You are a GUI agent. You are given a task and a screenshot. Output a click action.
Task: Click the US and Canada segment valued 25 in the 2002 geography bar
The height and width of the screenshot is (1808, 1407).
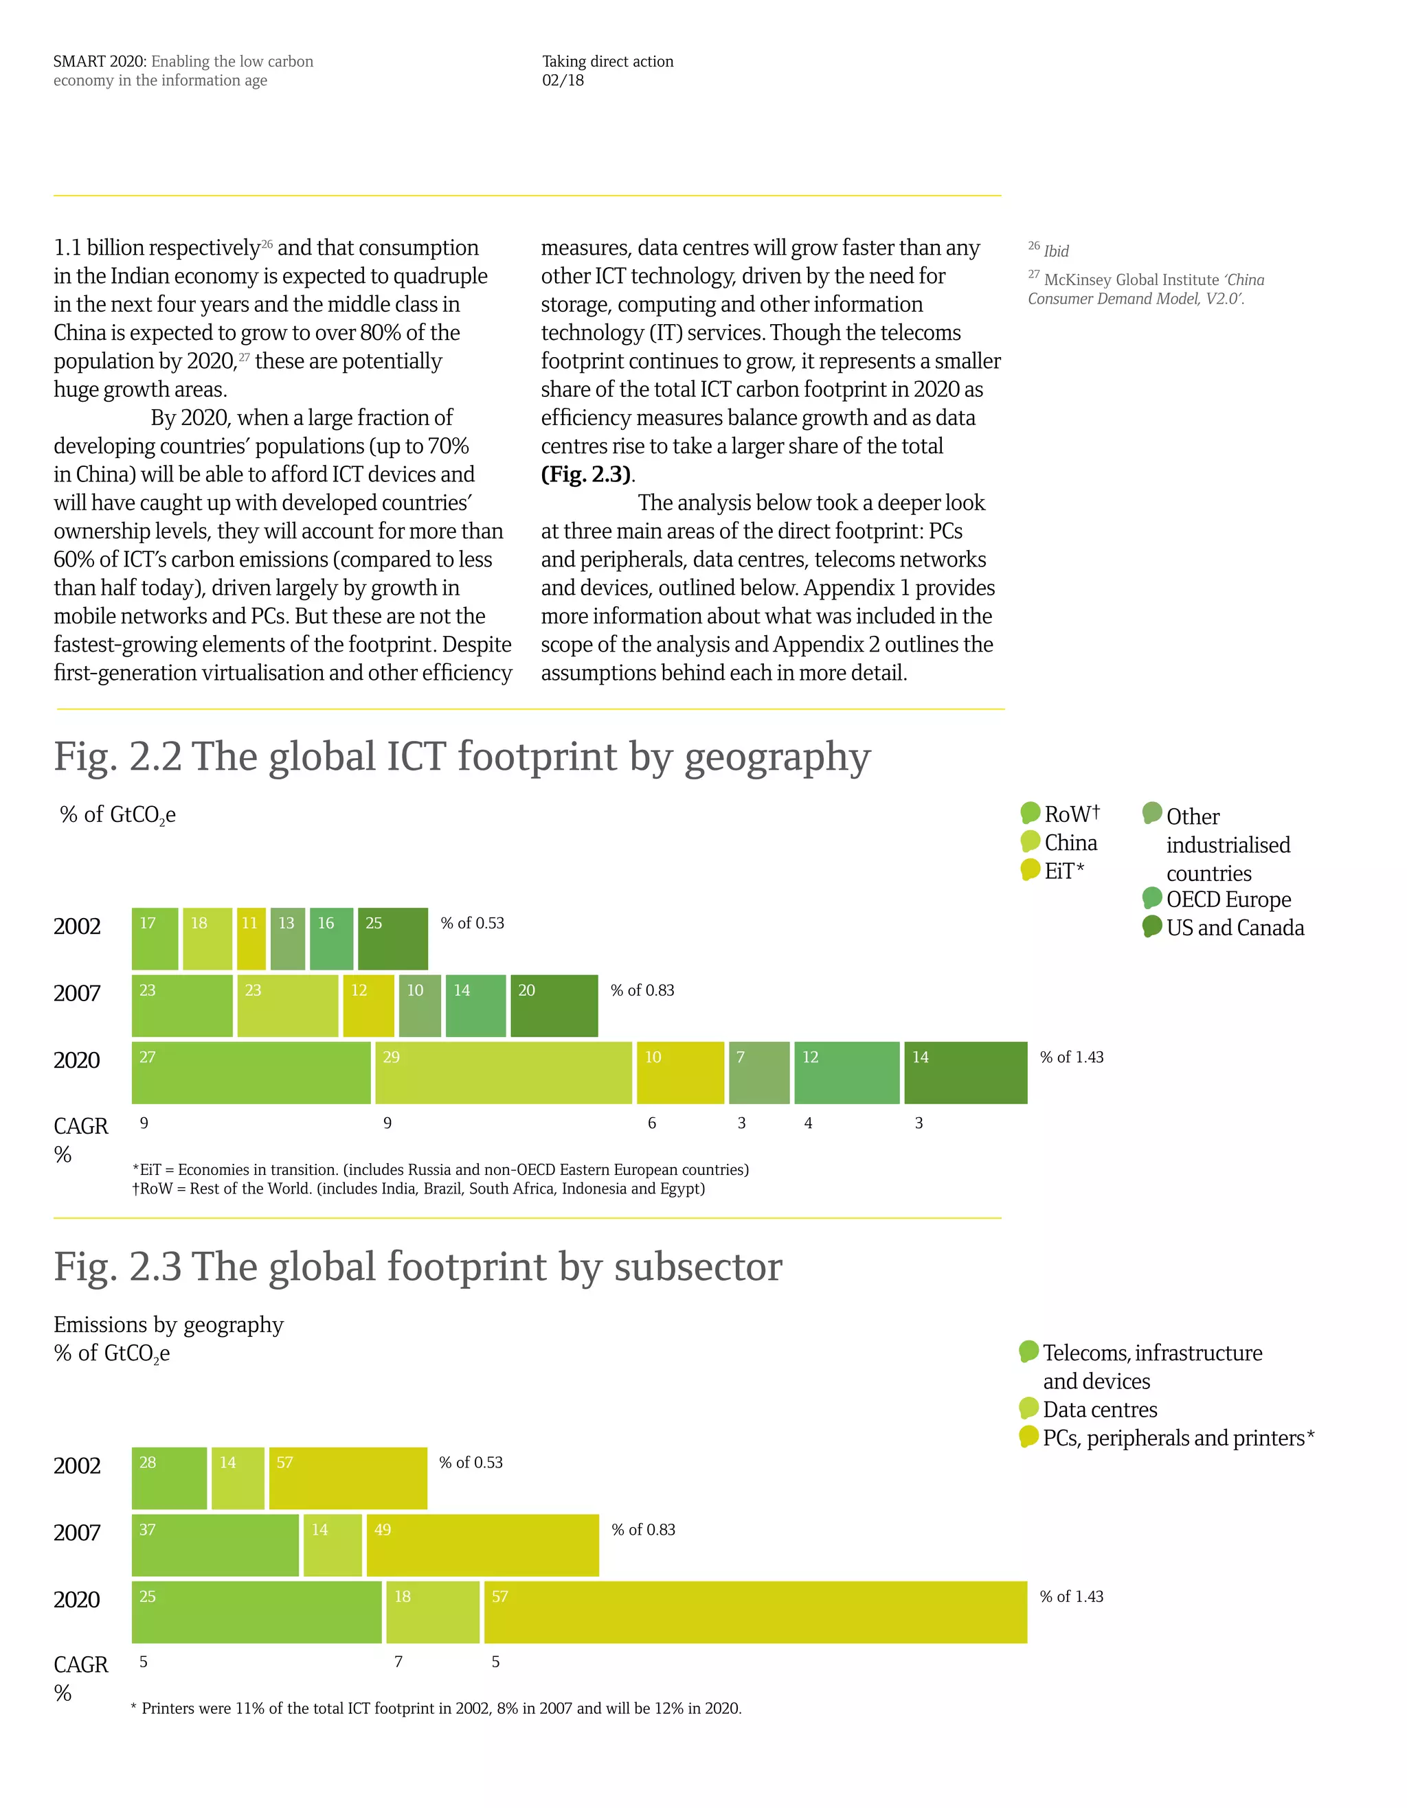392,939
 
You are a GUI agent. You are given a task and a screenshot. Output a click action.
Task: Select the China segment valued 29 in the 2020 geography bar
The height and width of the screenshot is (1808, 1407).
504,1073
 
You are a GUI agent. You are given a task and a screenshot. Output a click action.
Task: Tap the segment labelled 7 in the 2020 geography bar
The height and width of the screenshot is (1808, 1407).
758,1073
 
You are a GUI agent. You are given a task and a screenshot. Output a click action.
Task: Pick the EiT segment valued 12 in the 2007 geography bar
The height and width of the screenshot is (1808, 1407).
368,1006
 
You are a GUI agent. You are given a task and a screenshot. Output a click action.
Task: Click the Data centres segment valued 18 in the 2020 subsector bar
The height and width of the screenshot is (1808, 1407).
432,1612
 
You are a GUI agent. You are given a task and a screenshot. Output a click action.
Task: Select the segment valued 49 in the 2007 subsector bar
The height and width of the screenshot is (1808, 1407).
482,1545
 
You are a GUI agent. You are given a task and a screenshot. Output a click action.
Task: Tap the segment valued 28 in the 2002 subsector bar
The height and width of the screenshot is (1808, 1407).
169,1478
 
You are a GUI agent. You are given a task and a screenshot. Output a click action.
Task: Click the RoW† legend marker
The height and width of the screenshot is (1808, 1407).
1031,813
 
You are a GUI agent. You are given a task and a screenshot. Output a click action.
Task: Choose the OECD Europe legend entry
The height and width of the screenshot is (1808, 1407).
1227,899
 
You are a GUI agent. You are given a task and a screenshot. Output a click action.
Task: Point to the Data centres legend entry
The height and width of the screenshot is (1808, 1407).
1099,1409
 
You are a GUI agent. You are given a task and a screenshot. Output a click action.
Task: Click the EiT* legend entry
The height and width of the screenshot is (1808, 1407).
1063,871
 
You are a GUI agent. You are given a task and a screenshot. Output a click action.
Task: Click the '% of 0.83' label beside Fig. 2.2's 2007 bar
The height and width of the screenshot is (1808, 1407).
642,990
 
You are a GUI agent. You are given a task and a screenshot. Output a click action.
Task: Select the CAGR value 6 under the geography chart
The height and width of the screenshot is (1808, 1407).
652,1123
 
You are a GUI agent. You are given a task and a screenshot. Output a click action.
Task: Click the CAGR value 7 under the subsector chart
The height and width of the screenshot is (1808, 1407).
398,1662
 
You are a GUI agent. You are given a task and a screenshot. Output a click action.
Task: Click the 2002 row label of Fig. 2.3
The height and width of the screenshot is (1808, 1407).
77,1465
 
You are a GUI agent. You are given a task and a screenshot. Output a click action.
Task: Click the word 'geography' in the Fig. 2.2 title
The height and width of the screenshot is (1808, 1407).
777,757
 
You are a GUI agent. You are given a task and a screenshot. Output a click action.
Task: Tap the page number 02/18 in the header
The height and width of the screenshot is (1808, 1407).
563,80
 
